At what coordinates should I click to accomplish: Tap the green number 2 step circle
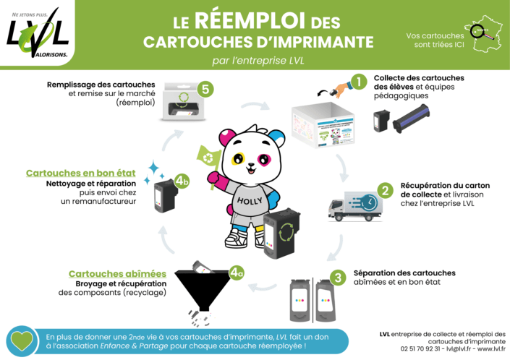[386, 191]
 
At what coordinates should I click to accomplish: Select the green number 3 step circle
[338, 277]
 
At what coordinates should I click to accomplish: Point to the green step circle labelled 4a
[237, 273]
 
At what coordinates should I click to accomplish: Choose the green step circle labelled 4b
[183, 180]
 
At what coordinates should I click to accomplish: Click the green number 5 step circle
[206, 89]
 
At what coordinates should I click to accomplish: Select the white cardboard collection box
[323, 128]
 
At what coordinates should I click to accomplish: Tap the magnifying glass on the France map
[478, 31]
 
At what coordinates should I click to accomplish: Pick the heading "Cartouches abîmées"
[117, 274]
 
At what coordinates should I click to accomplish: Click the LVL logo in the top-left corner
[38, 33]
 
